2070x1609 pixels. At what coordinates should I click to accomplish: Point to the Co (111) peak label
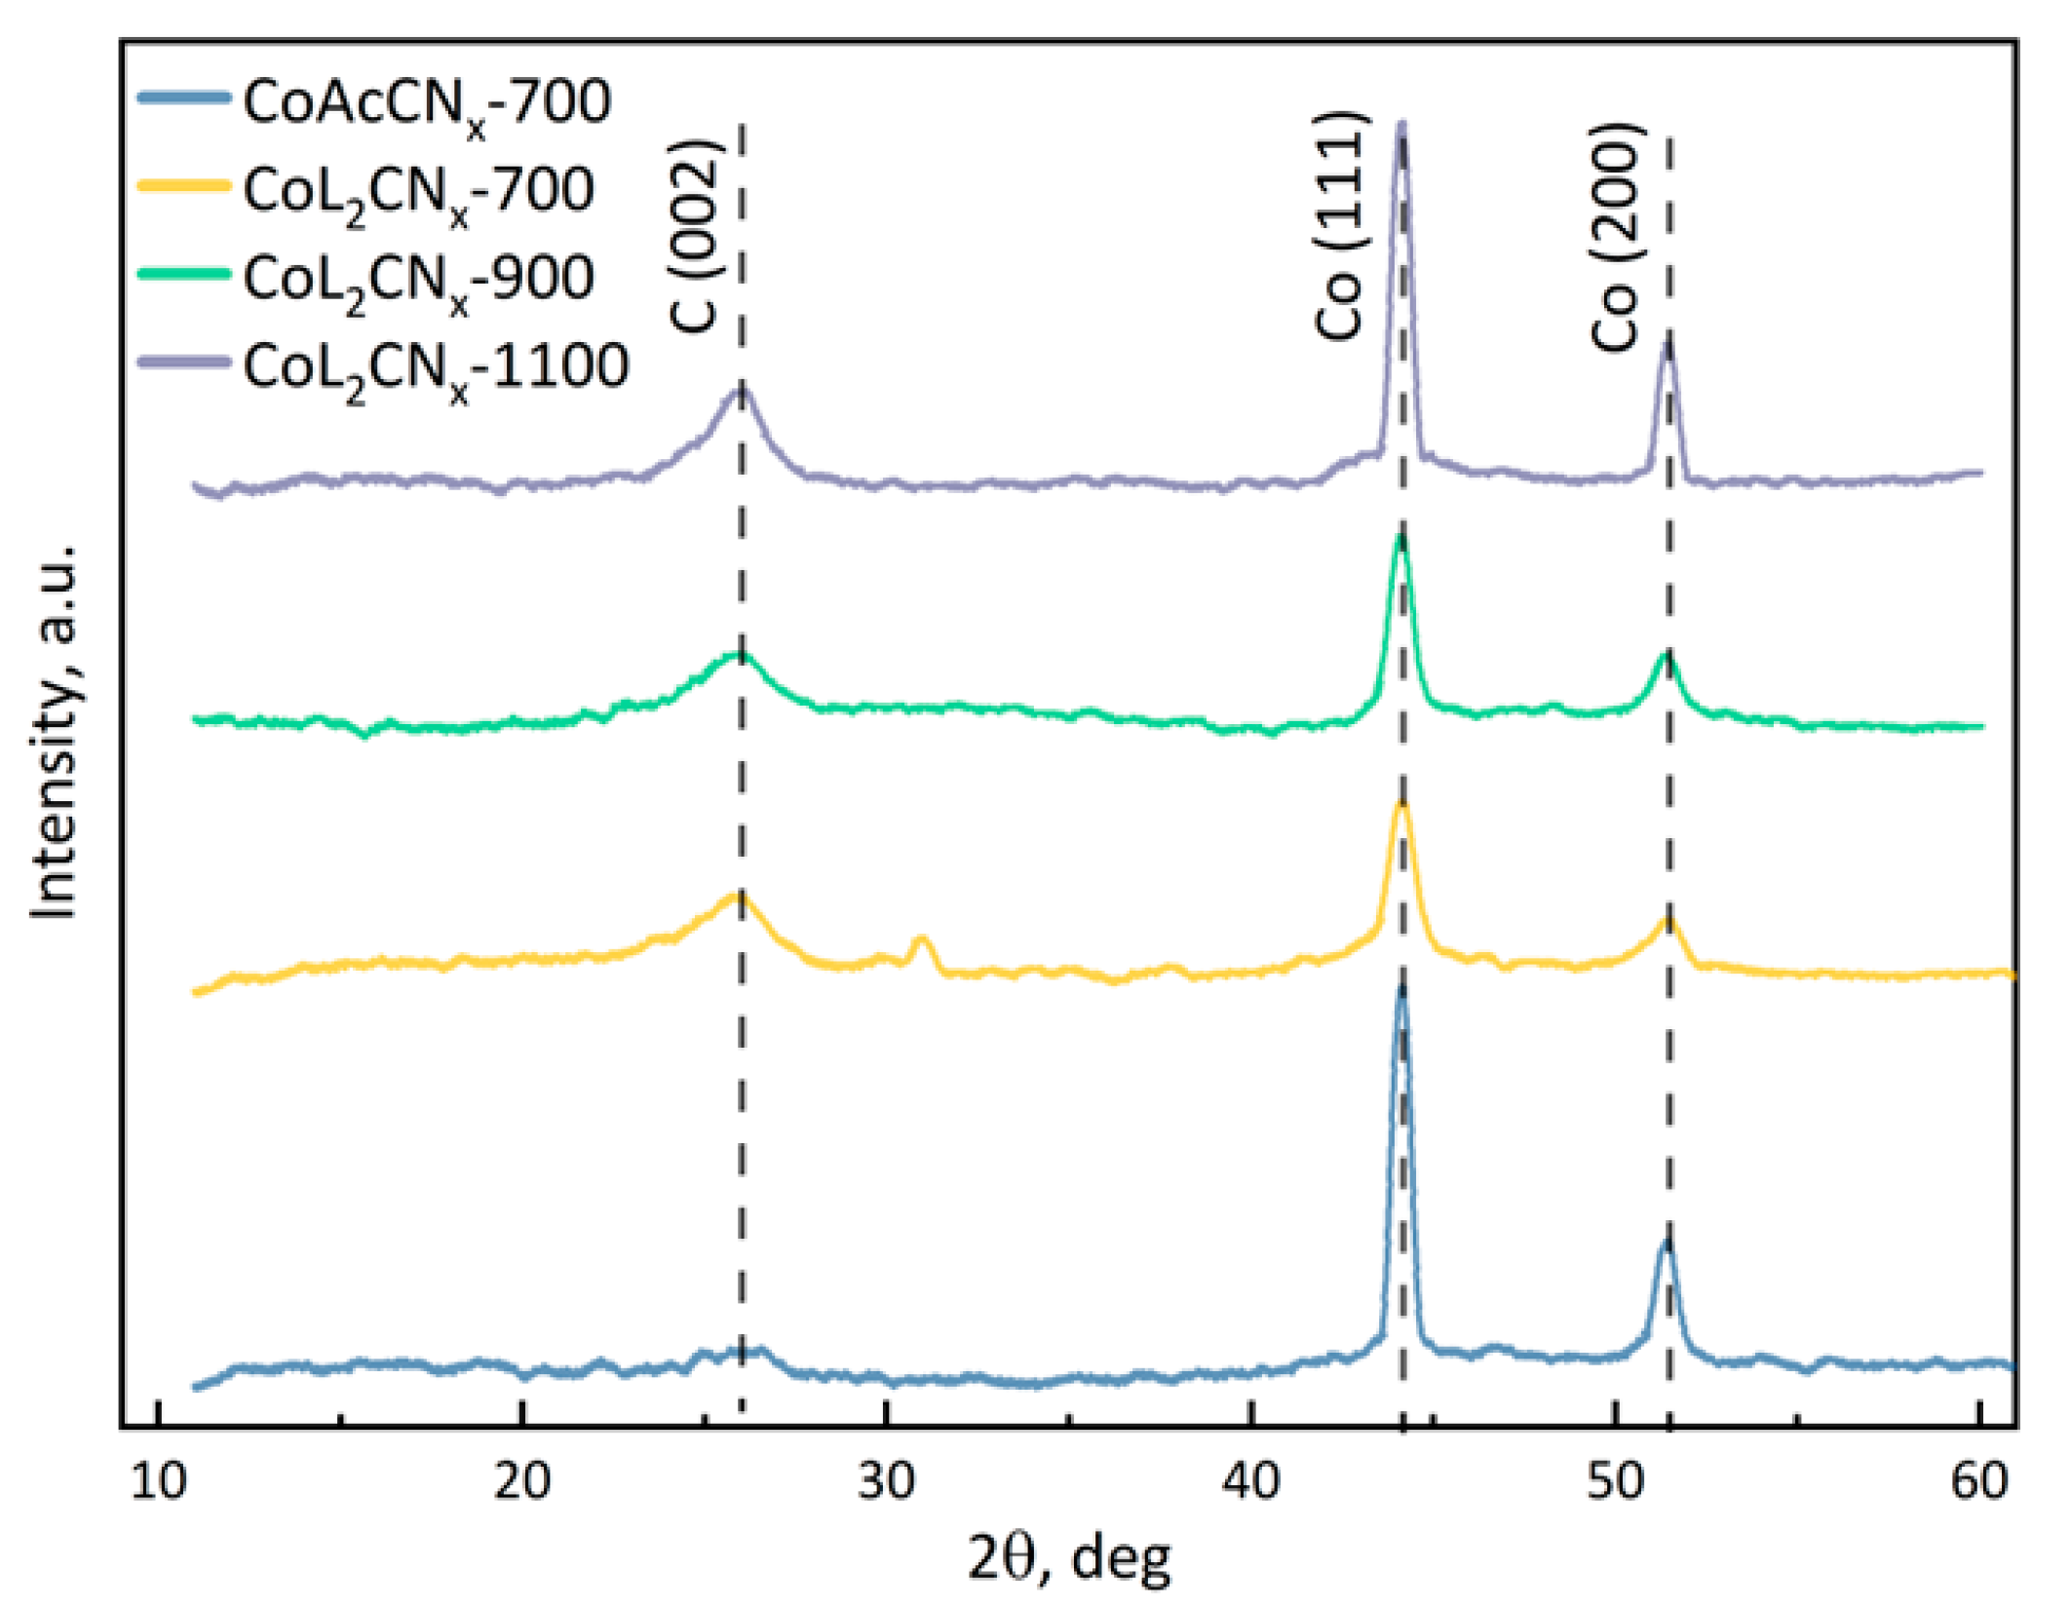click(1341, 226)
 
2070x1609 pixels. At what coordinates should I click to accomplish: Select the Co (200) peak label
click(1616, 237)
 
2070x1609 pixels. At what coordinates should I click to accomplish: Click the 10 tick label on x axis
click(157, 1481)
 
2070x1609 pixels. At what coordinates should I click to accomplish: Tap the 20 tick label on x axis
click(521, 1481)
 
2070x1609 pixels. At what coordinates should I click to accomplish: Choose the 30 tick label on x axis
click(886, 1481)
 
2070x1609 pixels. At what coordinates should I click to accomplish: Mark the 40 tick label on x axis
click(1250, 1481)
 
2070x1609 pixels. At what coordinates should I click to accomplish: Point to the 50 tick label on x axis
click(1615, 1481)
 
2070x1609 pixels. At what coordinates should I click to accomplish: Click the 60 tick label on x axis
click(1979, 1481)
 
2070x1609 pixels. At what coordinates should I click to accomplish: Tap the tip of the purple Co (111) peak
click(1401, 125)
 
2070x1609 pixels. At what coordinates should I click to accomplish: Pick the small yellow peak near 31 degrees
click(921, 939)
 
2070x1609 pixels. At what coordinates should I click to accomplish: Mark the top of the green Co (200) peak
click(1667, 654)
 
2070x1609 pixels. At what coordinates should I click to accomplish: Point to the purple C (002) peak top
click(741, 388)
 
